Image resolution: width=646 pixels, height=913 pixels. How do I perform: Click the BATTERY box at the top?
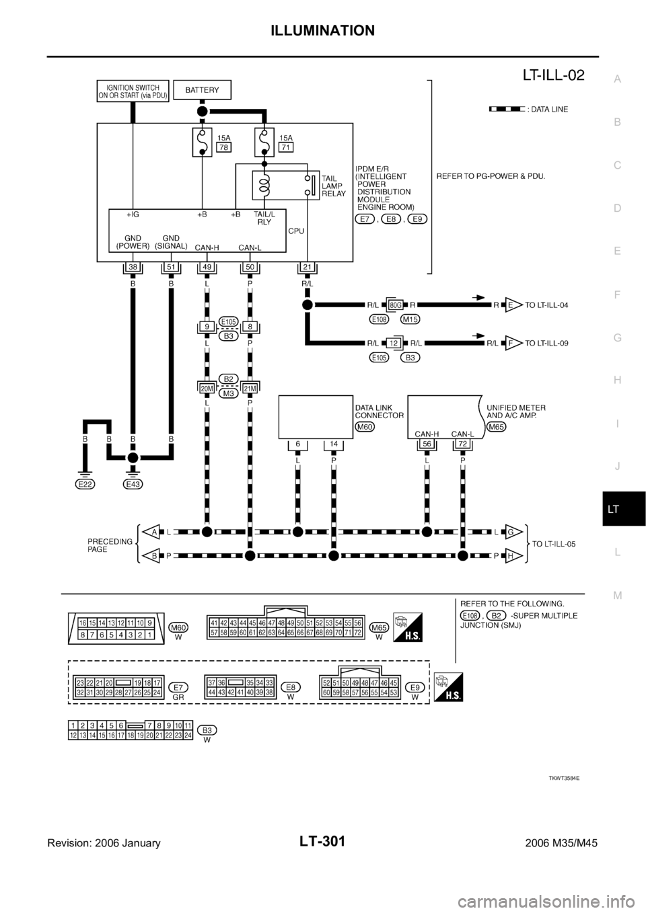(x=201, y=89)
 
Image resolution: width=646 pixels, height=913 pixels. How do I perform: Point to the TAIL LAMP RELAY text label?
(x=333, y=183)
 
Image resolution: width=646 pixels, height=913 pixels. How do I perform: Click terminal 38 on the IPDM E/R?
(x=133, y=268)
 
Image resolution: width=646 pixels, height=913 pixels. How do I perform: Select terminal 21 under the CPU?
(x=307, y=268)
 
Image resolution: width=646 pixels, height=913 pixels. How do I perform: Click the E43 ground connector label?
(x=133, y=483)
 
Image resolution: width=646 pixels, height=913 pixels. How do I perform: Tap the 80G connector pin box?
(x=395, y=304)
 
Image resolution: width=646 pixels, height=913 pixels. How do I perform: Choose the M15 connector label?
(x=411, y=319)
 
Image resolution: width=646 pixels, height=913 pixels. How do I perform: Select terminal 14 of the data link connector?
(x=333, y=444)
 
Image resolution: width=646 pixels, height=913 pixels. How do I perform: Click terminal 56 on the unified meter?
(x=426, y=444)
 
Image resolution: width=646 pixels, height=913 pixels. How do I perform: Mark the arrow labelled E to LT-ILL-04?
(x=513, y=305)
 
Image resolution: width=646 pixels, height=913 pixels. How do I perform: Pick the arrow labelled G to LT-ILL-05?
(x=513, y=532)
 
